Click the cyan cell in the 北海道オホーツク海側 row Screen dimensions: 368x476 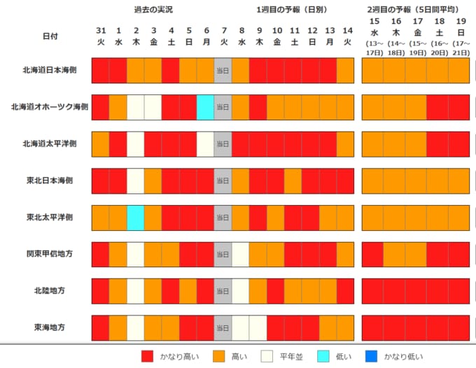pyautogui.click(x=205, y=106)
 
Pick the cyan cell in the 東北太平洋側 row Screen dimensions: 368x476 pyautogui.click(x=136, y=217)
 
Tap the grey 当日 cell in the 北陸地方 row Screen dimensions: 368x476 pyautogui.click(x=223, y=290)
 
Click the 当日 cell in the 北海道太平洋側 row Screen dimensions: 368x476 pyautogui.click(x=223, y=143)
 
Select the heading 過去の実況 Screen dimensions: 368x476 pyautogui.click(x=153, y=10)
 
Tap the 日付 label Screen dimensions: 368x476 pyautogui.click(x=50, y=35)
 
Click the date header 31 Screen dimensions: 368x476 pyautogui.click(x=101, y=31)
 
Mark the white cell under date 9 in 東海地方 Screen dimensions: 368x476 pyautogui.click(x=258, y=327)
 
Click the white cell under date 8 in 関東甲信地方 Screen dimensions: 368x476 pyautogui.click(x=240, y=254)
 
